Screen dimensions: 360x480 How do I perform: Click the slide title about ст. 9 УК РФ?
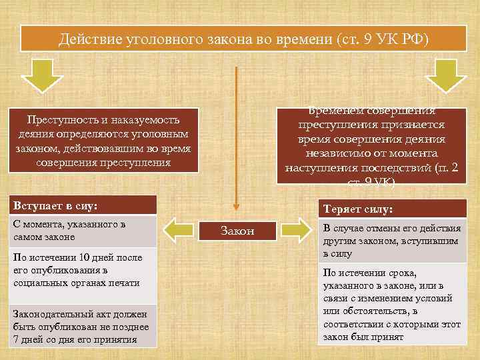pos(243,39)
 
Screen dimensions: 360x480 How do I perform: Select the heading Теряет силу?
pos(393,209)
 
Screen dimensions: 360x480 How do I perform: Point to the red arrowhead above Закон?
pos(235,208)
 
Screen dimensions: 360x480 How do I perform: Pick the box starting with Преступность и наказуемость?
pos(103,141)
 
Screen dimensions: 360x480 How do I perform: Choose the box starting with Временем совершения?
pos(371,145)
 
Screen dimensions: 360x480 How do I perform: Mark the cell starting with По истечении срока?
pos(393,305)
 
